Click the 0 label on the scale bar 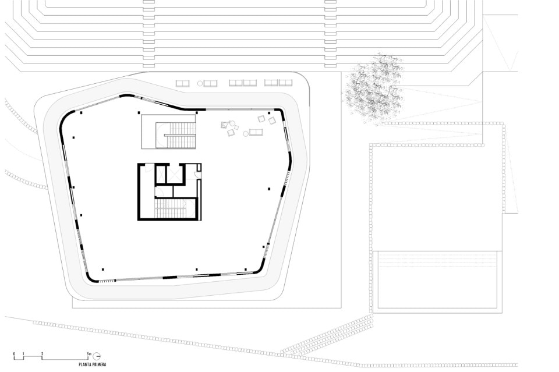[14, 353]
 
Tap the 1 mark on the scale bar [23, 353]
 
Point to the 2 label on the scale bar [43, 353]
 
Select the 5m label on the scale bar [89, 353]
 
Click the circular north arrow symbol [96, 356]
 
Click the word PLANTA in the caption [84, 364]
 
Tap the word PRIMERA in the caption [99, 364]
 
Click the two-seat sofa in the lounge [256, 132]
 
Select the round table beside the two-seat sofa [246, 134]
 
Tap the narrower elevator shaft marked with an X [161, 175]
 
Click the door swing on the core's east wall [197, 174]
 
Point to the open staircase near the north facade [176, 136]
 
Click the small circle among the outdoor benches [200, 83]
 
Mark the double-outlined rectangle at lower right [437, 279]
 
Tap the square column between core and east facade [269, 189]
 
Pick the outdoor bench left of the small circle [182, 83]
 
